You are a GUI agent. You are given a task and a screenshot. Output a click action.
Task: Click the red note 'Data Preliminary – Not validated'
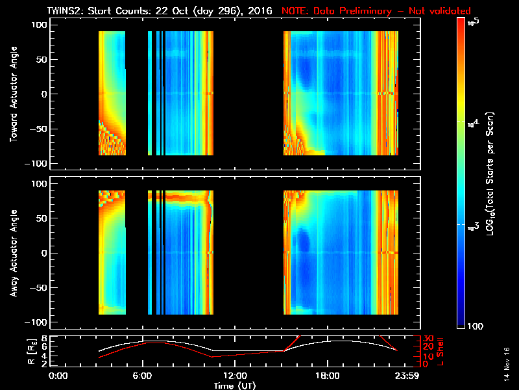pyautogui.click(x=376, y=11)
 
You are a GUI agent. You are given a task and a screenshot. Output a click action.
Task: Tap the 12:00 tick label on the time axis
pyautogui.click(x=235, y=376)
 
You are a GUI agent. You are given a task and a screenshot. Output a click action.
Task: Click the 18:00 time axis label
pyautogui.click(x=327, y=376)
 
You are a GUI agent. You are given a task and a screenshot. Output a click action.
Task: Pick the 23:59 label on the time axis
pyautogui.click(x=405, y=376)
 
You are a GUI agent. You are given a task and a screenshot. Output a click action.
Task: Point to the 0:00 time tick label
pyautogui.click(x=58, y=376)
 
